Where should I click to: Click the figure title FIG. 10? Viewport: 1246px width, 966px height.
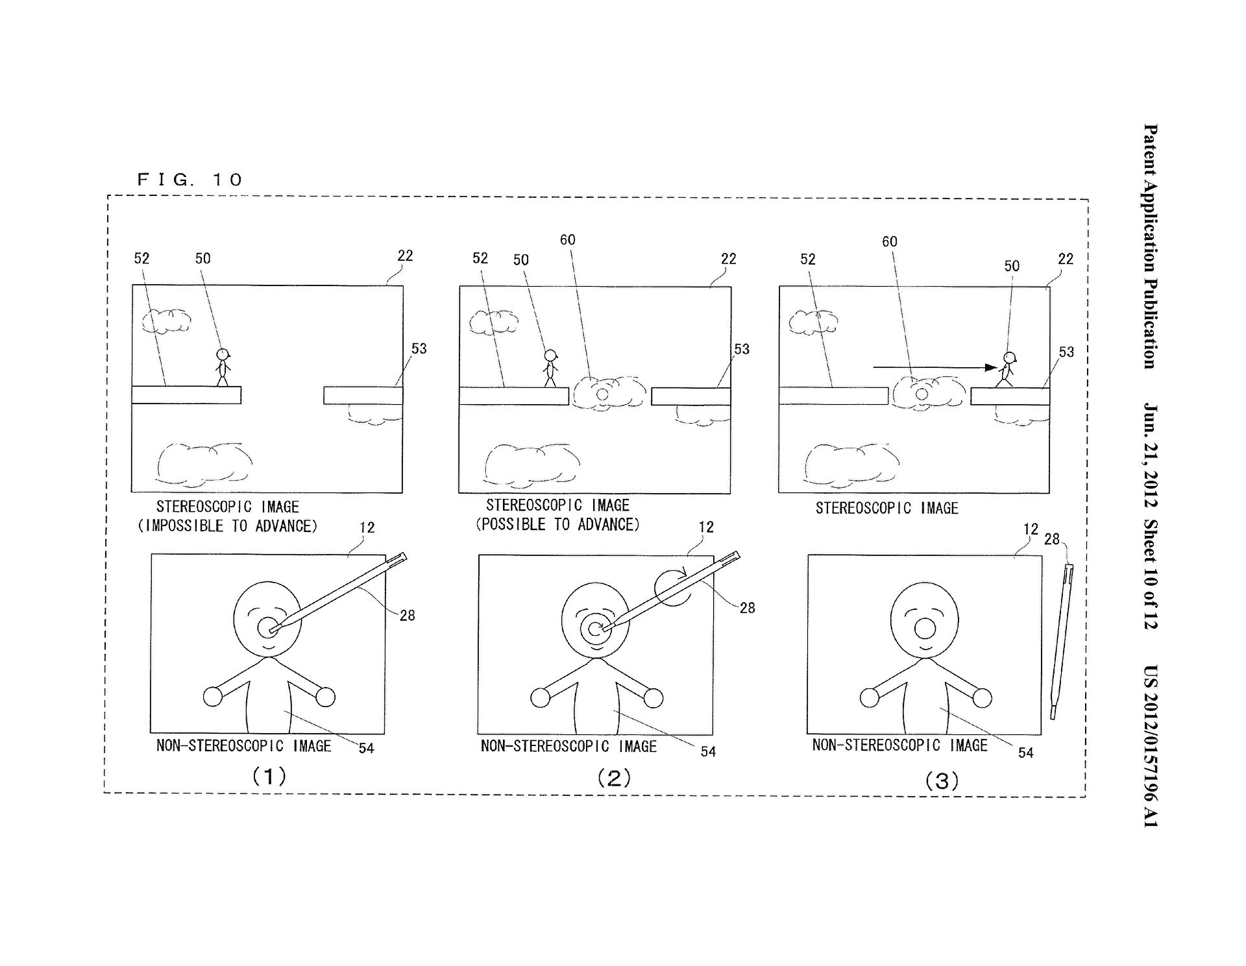pos(189,180)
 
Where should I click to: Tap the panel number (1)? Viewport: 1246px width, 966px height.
pos(269,776)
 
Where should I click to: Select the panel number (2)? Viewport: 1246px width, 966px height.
pos(614,778)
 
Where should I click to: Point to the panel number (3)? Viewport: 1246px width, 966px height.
pos(942,780)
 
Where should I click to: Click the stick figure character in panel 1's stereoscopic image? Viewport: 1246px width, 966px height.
pos(223,367)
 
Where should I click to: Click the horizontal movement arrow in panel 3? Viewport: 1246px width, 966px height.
pos(934,367)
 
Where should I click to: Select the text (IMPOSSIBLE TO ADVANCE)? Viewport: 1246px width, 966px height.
pos(228,526)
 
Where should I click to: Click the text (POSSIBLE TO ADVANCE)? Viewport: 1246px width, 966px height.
pos(557,525)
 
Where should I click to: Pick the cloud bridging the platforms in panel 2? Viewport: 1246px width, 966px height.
pos(609,393)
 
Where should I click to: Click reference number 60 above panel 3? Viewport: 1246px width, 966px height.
pos(889,242)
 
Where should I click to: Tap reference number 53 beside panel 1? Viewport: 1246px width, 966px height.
pos(419,349)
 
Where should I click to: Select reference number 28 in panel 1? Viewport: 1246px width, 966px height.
pos(407,615)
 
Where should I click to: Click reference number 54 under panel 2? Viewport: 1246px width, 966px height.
pos(708,751)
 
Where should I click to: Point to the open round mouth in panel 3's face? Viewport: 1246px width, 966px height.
pos(924,629)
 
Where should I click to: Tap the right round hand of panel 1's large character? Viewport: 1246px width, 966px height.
pos(325,697)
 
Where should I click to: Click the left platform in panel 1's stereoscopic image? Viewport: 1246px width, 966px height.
pos(186,395)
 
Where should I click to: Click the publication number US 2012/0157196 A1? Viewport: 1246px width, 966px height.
pos(1151,746)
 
